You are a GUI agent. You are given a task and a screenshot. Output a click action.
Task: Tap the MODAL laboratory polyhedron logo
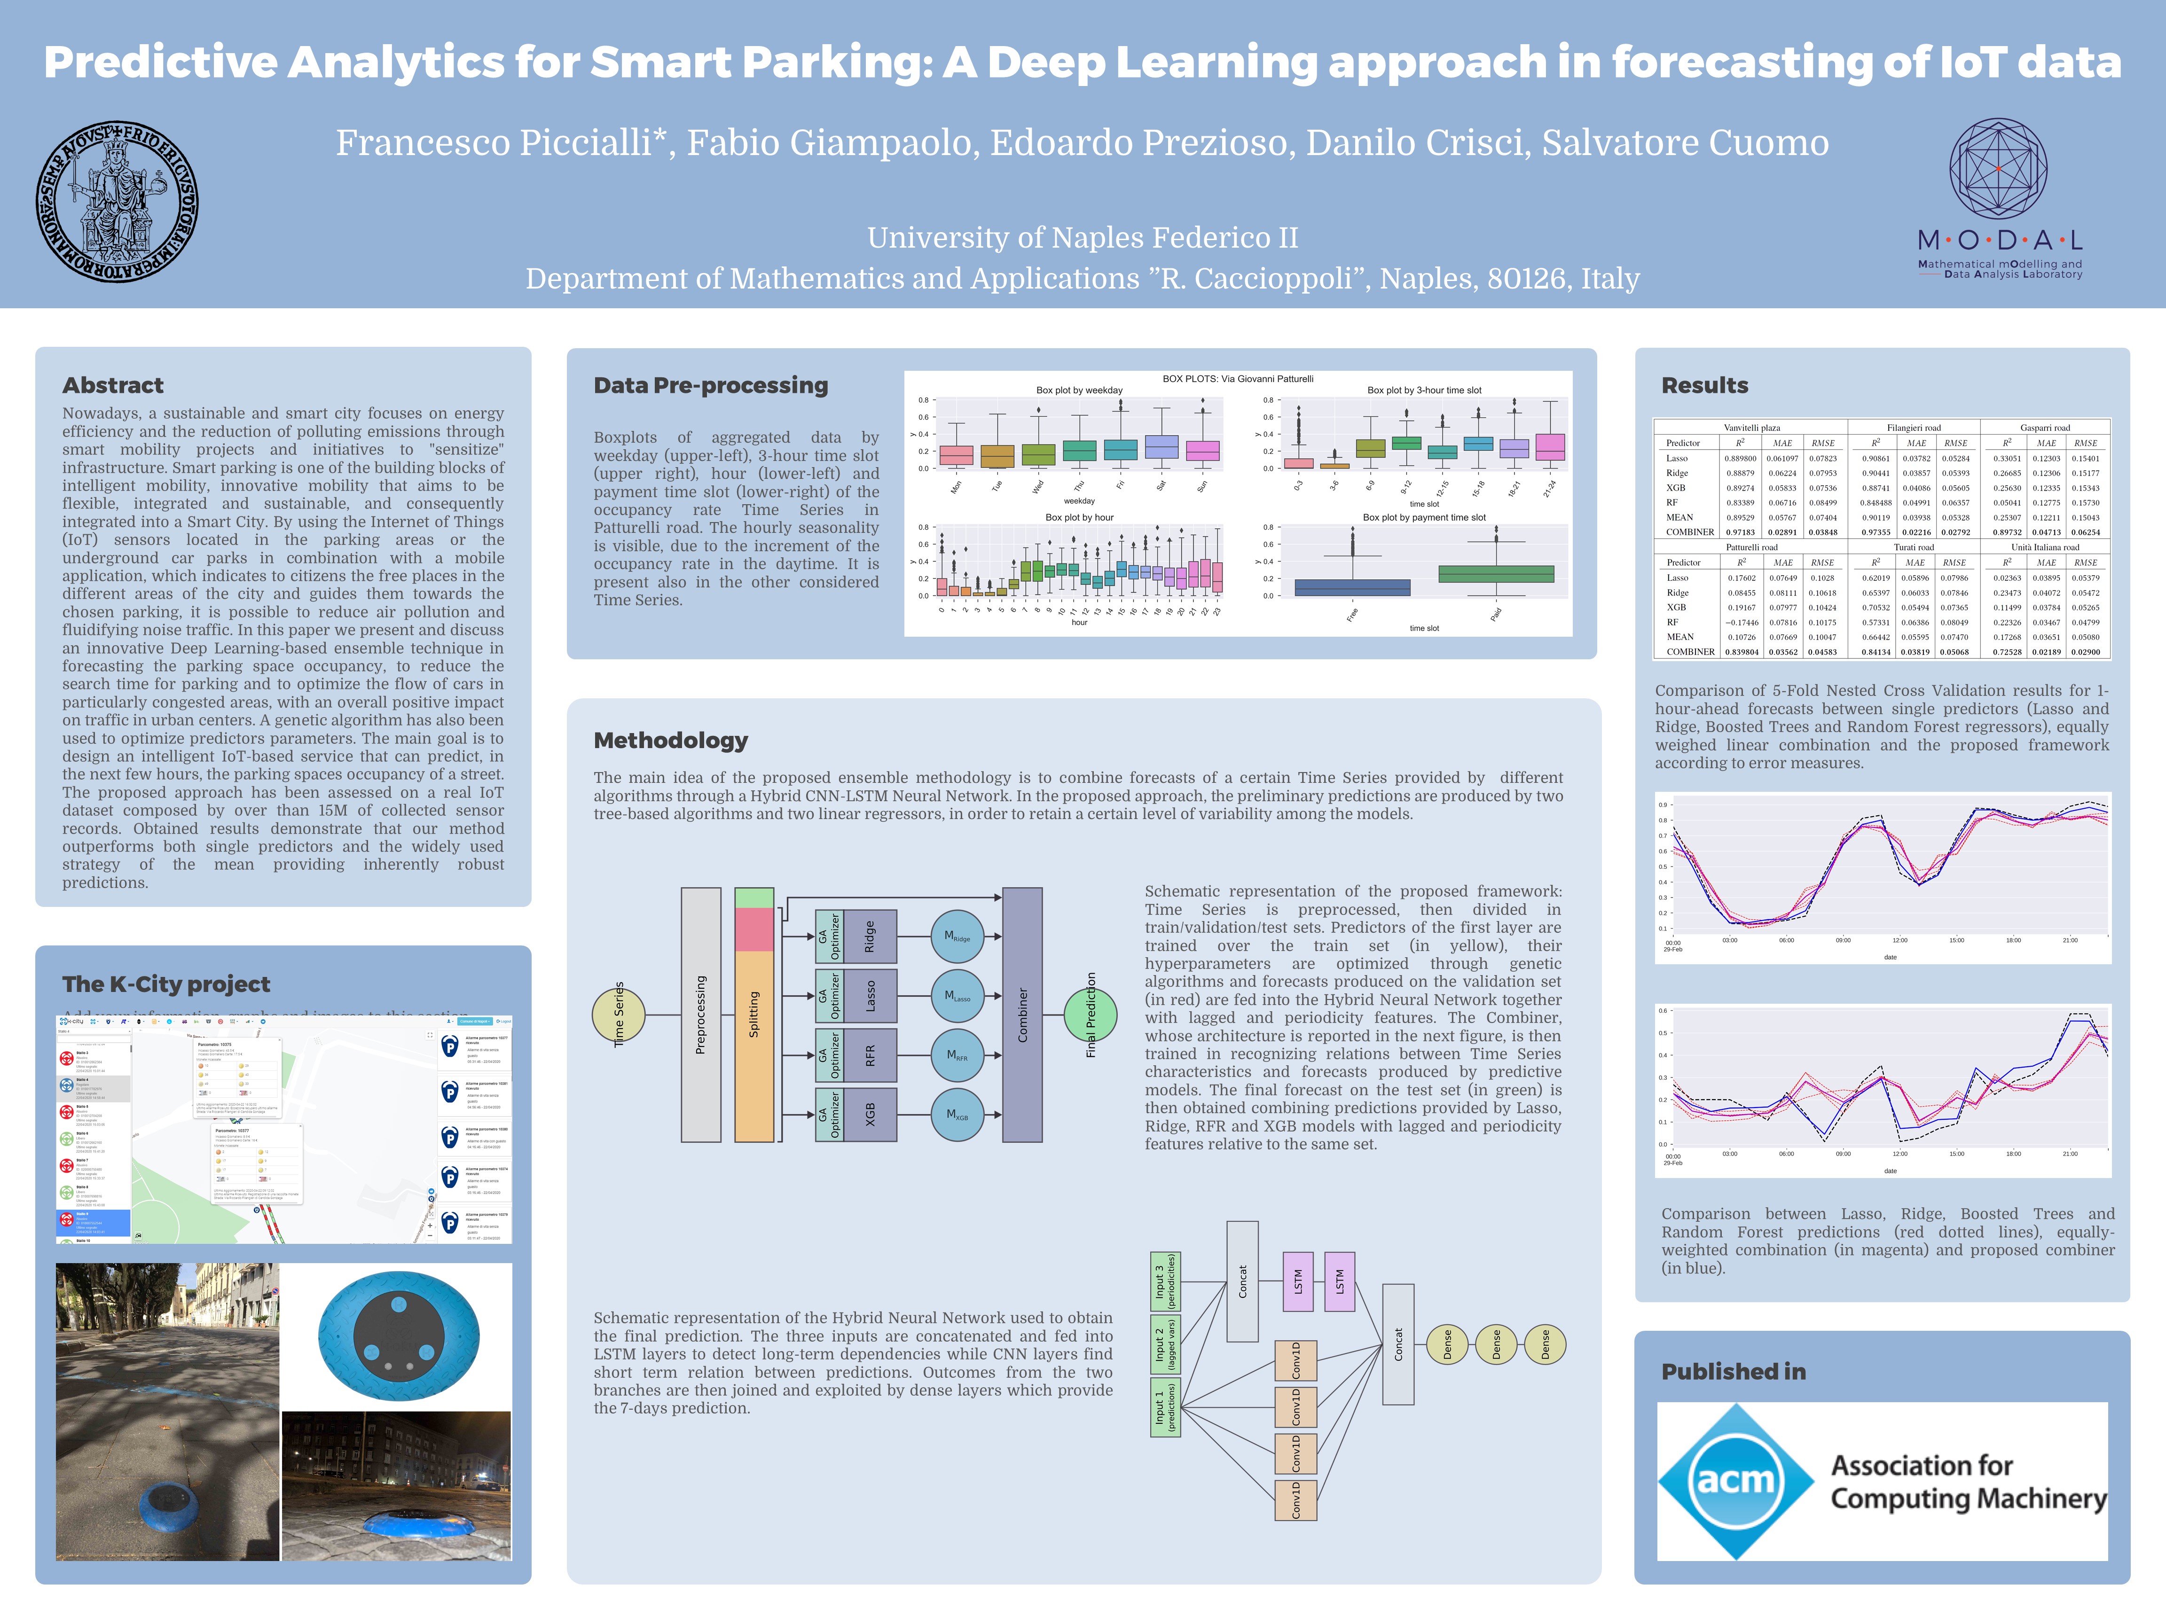pos(1998,168)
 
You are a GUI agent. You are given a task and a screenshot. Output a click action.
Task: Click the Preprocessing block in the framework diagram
pos(700,1014)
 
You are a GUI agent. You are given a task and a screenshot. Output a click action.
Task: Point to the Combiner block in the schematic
pos(1022,1014)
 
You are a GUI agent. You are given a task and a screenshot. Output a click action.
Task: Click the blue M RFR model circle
pos(957,1055)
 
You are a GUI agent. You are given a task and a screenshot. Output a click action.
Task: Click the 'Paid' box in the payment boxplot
pos(1495,574)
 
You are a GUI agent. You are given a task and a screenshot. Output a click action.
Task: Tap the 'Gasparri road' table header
pos(2045,428)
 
